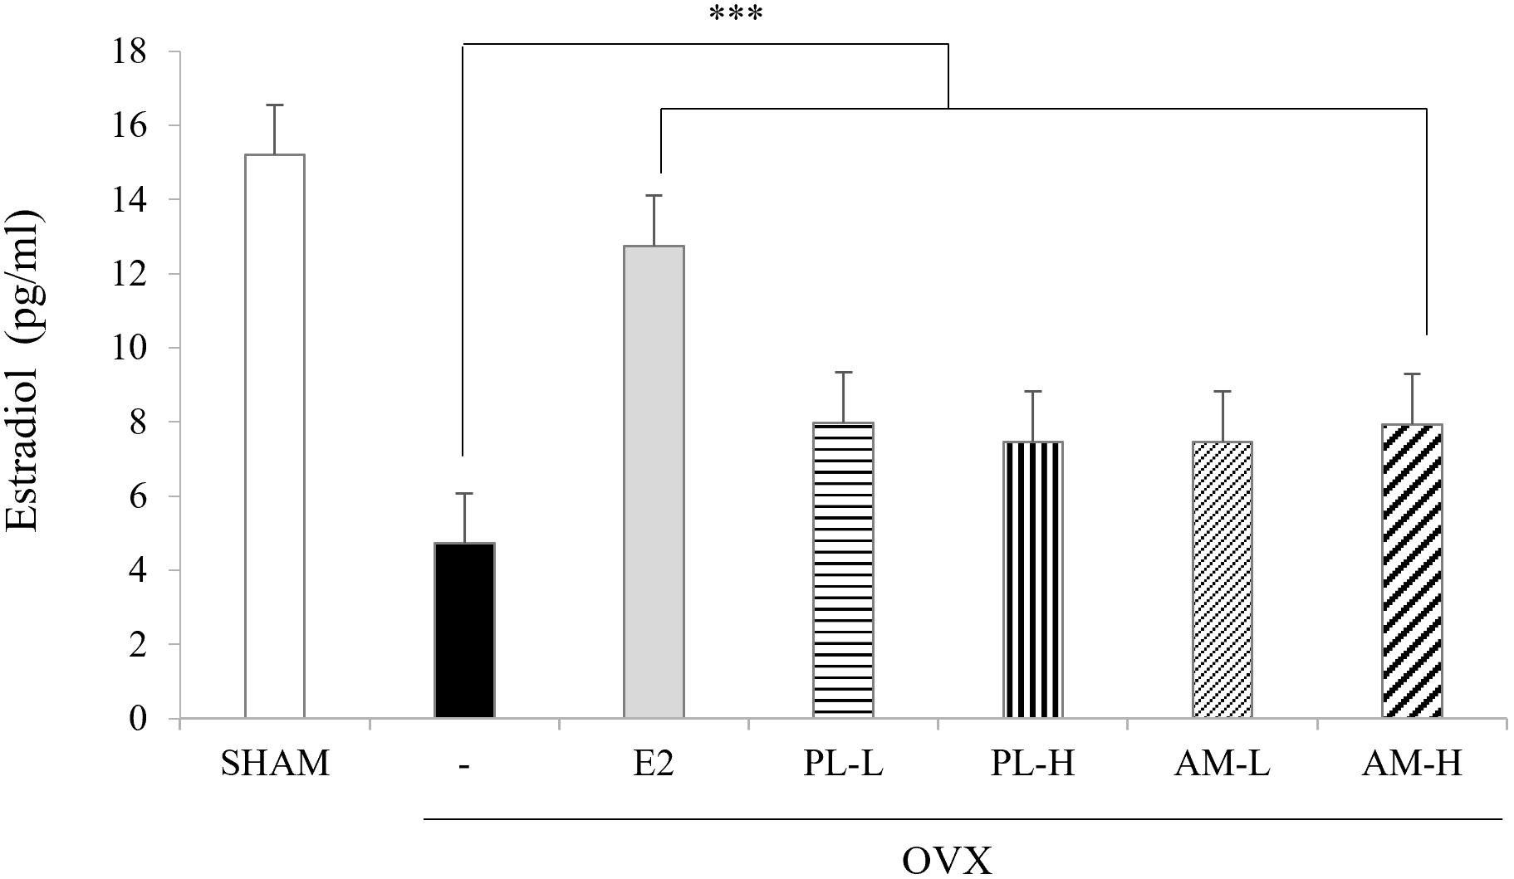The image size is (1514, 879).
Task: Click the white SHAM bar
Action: pos(275,436)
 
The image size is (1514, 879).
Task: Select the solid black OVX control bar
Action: pos(464,631)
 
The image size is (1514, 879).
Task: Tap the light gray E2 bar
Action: pos(654,481)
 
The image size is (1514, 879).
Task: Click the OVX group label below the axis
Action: pos(947,861)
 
